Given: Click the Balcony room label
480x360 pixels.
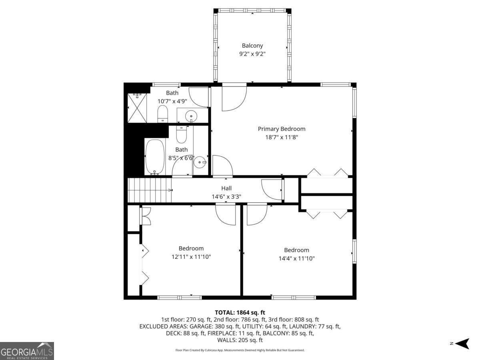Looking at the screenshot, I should (x=252, y=46).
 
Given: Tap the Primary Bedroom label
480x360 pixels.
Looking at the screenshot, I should (x=281, y=129).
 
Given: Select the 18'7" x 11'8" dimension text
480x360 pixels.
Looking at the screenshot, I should (x=281, y=137).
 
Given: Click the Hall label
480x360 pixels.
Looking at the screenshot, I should (x=226, y=188).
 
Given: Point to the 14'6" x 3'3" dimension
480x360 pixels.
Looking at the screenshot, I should (x=226, y=196).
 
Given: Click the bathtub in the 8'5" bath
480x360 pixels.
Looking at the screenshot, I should (x=154, y=157).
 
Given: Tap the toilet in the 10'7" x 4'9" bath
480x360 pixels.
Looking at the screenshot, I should (x=162, y=114).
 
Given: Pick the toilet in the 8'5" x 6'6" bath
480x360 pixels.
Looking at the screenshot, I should (x=181, y=134).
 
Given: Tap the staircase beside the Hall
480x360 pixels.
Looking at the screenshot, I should (x=149, y=190).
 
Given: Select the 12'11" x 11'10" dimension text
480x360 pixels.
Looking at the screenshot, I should (x=191, y=257).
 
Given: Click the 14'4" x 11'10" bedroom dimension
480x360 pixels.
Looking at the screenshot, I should (x=296, y=258).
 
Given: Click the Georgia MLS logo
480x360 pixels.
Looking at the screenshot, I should (x=27, y=351).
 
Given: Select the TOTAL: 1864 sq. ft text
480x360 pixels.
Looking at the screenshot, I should (x=240, y=312).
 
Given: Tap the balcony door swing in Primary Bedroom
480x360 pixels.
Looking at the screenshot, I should (x=234, y=98).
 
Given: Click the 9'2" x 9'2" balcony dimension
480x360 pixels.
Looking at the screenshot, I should (x=252, y=54).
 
